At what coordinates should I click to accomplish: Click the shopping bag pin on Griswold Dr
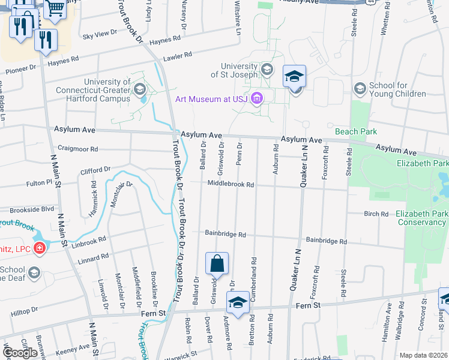pos(217,263)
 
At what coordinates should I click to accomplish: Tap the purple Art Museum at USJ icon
pos(258,98)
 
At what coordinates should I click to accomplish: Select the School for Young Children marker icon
pos(360,89)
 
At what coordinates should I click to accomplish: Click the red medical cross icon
pos(39,247)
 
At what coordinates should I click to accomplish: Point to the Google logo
pos(20,353)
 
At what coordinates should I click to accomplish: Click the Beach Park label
pos(355,131)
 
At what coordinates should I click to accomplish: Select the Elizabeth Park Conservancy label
pos(421,218)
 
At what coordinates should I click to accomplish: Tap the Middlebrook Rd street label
pos(231,185)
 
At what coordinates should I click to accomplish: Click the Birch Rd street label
pos(376,214)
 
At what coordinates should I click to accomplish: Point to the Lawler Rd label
pos(178,55)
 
